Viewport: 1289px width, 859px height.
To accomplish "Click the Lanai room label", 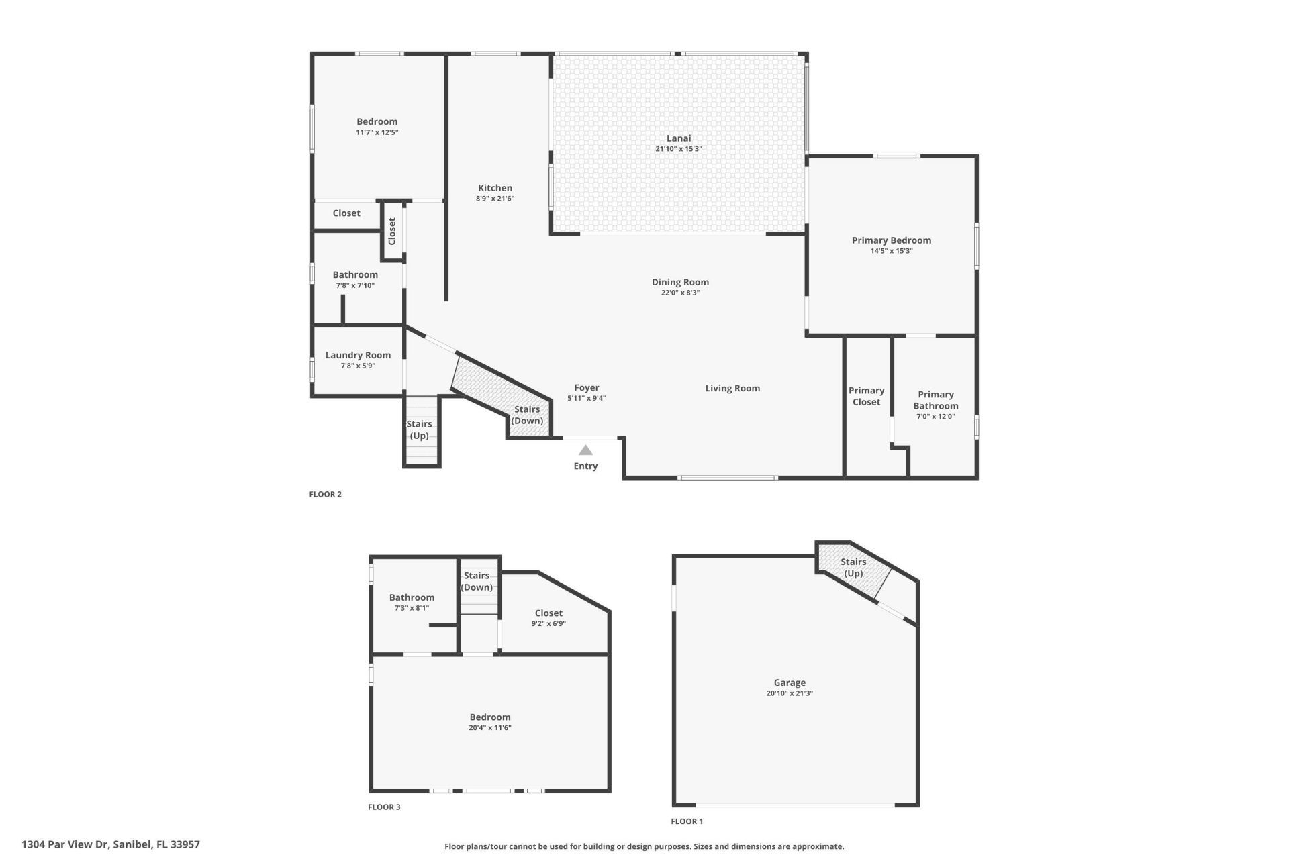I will [678, 138].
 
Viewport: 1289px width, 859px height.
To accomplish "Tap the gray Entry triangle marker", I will [585, 450].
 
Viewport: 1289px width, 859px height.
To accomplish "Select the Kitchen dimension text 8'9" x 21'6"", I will [495, 199].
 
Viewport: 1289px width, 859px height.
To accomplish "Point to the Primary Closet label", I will [866, 396].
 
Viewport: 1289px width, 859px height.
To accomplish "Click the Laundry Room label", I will [358, 355].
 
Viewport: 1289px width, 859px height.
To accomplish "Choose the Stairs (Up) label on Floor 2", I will [420, 429].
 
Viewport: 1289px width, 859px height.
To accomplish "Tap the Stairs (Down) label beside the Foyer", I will [527, 415].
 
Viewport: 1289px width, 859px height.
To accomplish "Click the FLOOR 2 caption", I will [325, 494].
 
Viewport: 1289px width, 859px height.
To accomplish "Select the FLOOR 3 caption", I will [384, 807].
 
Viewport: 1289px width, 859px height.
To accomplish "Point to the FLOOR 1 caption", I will [687, 821].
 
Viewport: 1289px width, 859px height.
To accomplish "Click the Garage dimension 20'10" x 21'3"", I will [790, 693].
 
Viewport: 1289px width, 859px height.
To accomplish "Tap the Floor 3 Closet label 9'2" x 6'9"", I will [548, 623].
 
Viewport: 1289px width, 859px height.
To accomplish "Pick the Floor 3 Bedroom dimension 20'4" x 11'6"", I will [490, 727].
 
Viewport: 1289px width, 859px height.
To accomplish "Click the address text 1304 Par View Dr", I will [111, 844].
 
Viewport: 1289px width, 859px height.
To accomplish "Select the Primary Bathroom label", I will [935, 400].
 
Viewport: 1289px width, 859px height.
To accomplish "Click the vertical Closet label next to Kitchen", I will [392, 231].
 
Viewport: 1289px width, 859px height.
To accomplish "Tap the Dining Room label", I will [680, 282].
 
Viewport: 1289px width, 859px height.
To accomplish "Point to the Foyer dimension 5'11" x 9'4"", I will [586, 398].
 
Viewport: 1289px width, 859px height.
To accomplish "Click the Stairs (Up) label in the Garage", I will [853, 568].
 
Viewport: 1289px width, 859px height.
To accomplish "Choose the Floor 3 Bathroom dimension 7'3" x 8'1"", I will [412, 608].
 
